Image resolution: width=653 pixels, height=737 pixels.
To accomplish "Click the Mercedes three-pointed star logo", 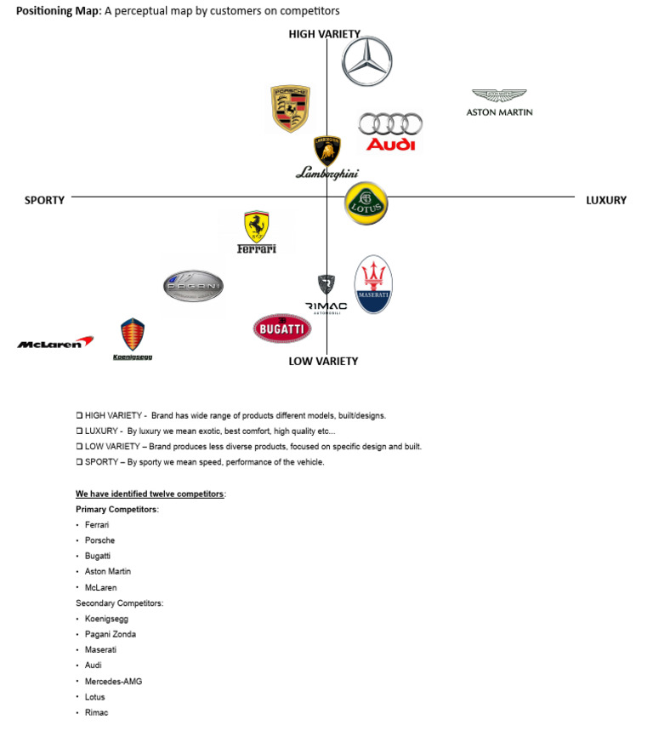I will (x=366, y=61).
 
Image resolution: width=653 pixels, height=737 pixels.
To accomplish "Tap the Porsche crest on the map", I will (x=290, y=108).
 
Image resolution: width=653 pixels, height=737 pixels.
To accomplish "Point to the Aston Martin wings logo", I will (x=499, y=101).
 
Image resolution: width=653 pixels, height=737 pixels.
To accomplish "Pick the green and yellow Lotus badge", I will (x=366, y=203).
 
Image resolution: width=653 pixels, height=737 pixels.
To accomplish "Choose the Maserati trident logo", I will (x=372, y=284).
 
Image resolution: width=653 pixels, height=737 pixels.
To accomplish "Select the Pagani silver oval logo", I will (x=193, y=287).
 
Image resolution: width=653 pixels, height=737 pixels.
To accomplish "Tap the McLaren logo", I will (x=54, y=343).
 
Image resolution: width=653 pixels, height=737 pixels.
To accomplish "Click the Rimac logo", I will (x=326, y=294).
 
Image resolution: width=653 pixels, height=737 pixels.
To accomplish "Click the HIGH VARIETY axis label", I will (x=324, y=34).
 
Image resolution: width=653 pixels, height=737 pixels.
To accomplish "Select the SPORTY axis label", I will (x=44, y=200).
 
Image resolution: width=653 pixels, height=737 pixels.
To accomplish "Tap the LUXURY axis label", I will (x=605, y=200).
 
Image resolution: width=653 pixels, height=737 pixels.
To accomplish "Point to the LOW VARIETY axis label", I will (x=323, y=361).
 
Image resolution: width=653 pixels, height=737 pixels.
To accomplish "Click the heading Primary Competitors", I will (x=116, y=509).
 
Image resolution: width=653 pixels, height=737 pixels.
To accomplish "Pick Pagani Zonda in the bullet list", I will (x=110, y=634).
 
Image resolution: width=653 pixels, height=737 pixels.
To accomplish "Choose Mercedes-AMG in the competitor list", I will (x=114, y=681).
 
